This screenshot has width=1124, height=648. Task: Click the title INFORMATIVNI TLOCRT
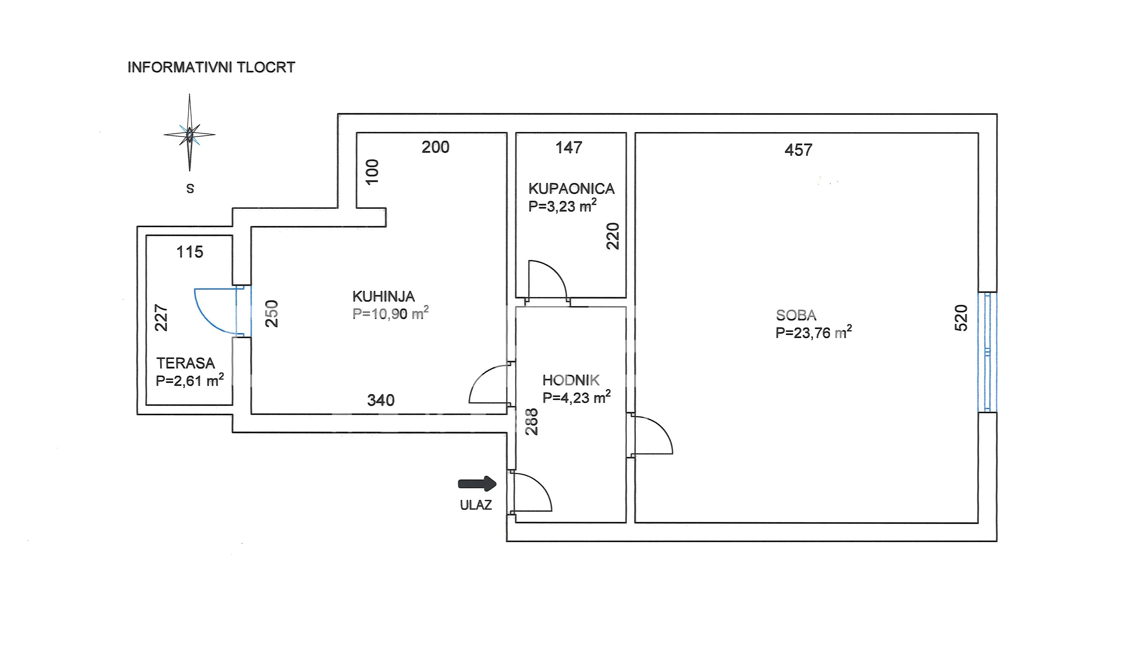(211, 67)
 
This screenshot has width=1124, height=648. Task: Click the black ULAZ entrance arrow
(477, 483)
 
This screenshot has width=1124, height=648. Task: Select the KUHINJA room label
(383, 296)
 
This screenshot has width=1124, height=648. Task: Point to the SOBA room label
(796, 315)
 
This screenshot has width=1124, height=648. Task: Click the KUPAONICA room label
(571, 189)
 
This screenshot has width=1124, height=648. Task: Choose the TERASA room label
(186, 363)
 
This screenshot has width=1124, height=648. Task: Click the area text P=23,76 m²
(814, 332)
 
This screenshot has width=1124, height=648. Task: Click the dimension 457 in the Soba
(798, 150)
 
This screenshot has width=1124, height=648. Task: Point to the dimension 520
(961, 318)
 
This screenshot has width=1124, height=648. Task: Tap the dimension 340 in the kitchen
(381, 400)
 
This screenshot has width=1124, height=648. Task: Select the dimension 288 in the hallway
(532, 421)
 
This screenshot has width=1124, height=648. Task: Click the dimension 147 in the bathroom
(569, 147)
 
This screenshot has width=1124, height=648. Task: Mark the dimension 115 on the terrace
(190, 252)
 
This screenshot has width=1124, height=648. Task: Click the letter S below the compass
(190, 189)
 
